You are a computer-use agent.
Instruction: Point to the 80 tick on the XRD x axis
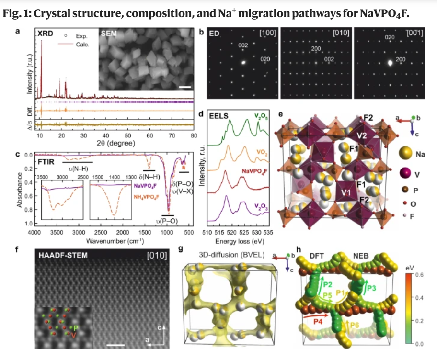pos(194,136)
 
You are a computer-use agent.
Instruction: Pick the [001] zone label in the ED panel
pos(414,34)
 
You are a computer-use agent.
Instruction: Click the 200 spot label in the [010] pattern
pos(317,49)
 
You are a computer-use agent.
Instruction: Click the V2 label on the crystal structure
pos(361,136)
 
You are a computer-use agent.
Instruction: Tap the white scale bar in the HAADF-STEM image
pos(116,344)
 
